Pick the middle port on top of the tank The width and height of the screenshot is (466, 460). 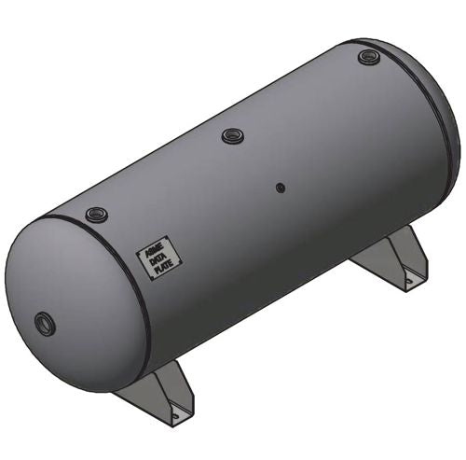pyautogui.click(x=232, y=136)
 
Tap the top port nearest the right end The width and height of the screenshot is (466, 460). pyautogui.click(x=367, y=58)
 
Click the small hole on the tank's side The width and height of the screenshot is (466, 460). pyautogui.click(x=280, y=187)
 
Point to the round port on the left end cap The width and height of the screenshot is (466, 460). pyautogui.click(x=44, y=324)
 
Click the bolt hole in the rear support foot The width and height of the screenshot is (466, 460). pyautogui.click(x=405, y=277)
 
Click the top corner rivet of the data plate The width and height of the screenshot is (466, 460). pyautogui.click(x=166, y=237)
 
